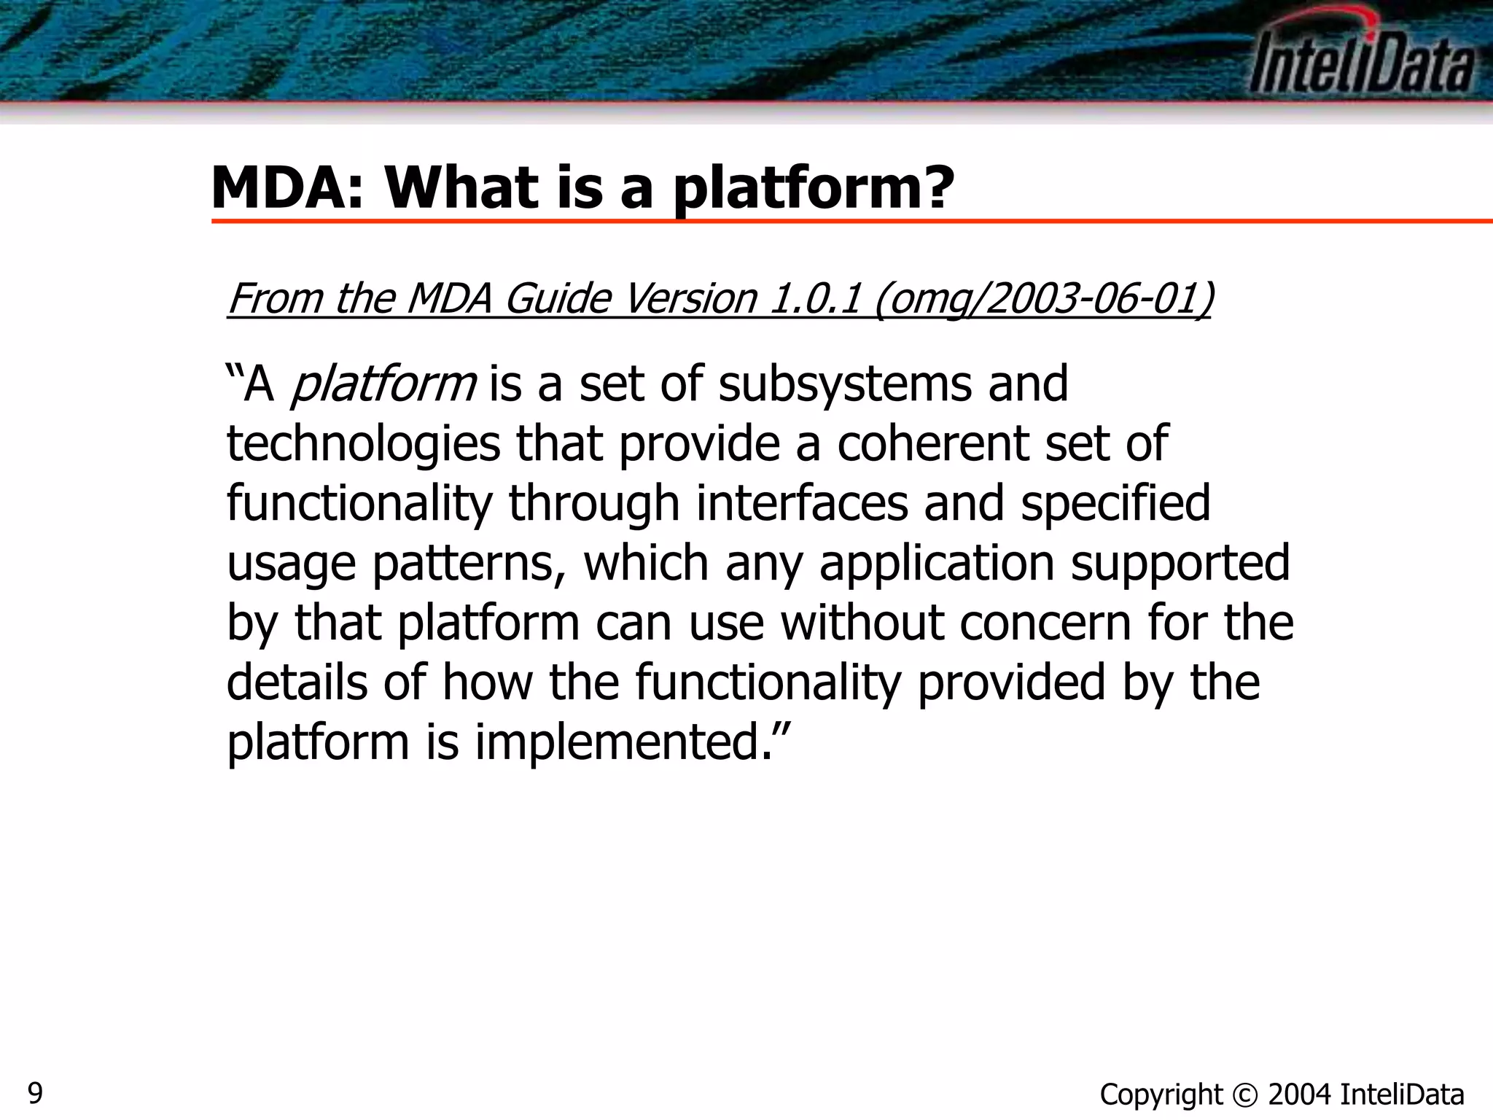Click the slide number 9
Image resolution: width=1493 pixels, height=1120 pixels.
(x=35, y=1093)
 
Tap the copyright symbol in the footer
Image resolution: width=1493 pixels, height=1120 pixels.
(x=1244, y=1095)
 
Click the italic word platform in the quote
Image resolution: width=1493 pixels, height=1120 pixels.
(x=383, y=384)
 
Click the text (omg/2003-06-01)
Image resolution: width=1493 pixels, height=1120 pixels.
(x=1042, y=300)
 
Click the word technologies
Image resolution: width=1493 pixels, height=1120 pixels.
(x=363, y=445)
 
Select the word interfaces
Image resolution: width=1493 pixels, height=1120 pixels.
(x=802, y=503)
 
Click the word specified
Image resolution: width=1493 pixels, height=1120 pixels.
(x=1115, y=505)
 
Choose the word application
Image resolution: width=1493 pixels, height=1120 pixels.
(x=936, y=564)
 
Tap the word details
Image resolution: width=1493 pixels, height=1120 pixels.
(x=297, y=682)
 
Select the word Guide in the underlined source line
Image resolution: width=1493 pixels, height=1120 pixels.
(x=558, y=298)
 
